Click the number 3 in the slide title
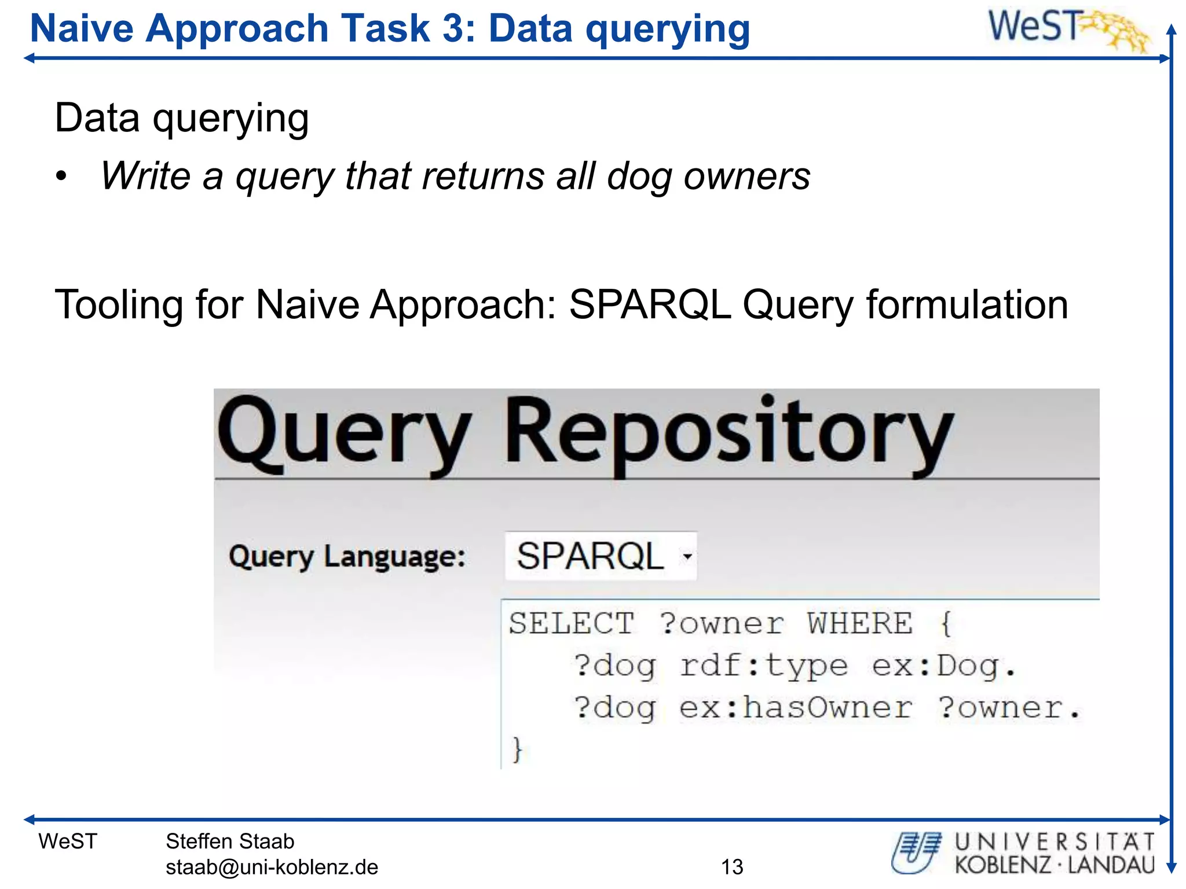coord(454,28)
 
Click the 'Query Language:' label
coord(347,557)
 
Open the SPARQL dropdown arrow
coord(687,557)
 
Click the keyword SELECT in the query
coord(571,624)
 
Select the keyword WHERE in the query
coord(860,624)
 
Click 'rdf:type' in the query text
coord(763,666)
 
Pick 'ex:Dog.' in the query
coord(944,666)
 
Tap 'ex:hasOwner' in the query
coord(795,708)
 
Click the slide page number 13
coord(732,867)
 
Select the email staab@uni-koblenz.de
coord(272,867)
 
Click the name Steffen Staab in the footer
coord(230,842)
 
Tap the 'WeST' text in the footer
coord(68,842)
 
